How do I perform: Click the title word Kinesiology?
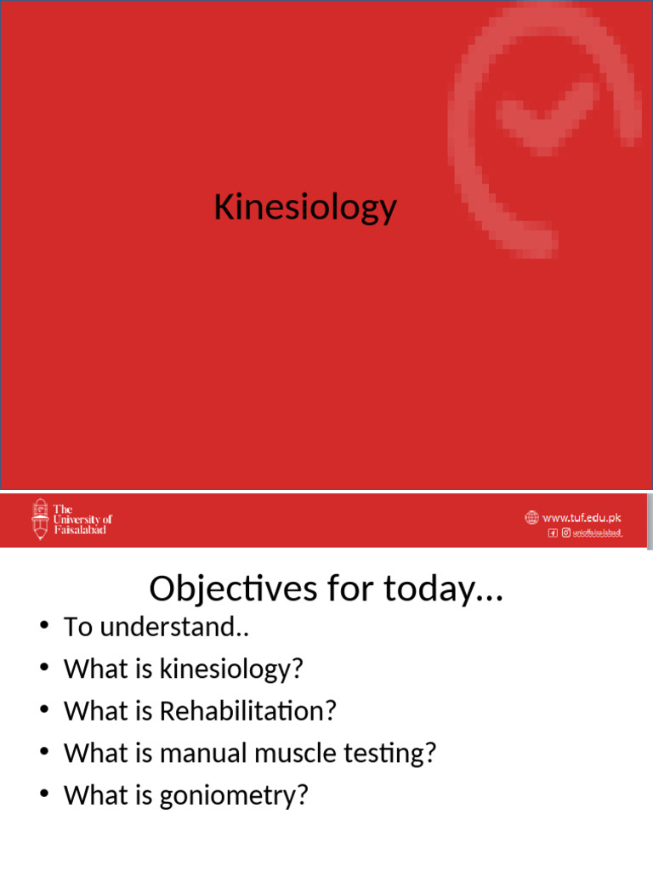pyautogui.click(x=305, y=208)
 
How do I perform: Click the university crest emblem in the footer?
pyautogui.click(x=40, y=519)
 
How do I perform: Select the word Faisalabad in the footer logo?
pyautogui.click(x=80, y=530)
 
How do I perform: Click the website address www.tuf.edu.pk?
pyautogui.click(x=582, y=517)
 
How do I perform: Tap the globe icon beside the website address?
pyautogui.click(x=532, y=517)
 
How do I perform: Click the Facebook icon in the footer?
pyautogui.click(x=553, y=533)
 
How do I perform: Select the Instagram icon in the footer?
pyautogui.click(x=565, y=533)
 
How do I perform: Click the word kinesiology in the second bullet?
pyautogui.click(x=230, y=669)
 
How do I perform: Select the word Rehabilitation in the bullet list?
pyautogui.click(x=247, y=711)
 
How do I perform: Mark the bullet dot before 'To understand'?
pyautogui.click(x=45, y=628)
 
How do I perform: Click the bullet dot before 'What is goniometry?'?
pyautogui.click(x=45, y=795)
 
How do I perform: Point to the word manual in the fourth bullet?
pyautogui.click(x=202, y=753)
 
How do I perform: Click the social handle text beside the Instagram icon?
pyautogui.click(x=598, y=533)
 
